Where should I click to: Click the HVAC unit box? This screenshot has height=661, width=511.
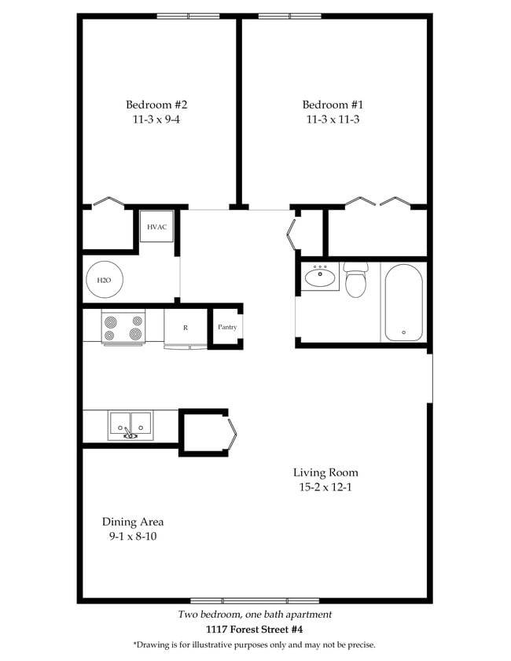[x=157, y=227]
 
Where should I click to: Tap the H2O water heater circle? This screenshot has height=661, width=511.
[x=104, y=280]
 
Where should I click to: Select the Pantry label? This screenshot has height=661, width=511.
[x=227, y=327]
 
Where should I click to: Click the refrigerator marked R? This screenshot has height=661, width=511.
[x=186, y=327]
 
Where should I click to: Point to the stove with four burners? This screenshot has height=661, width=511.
[x=123, y=327]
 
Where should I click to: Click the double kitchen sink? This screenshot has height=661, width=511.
[x=131, y=425]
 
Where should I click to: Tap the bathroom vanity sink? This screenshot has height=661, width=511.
[x=320, y=277]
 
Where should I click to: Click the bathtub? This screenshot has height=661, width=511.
[x=403, y=303]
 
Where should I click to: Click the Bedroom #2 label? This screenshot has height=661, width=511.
[x=156, y=105]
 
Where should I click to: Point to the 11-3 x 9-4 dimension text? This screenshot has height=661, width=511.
[x=156, y=119]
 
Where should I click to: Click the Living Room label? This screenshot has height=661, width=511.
[x=325, y=472]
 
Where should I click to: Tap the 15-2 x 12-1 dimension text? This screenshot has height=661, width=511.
[x=325, y=487]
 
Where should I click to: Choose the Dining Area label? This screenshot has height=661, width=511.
[x=133, y=522]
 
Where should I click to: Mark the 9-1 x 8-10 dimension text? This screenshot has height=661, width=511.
[x=133, y=537]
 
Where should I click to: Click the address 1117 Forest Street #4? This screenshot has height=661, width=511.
[x=254, y=630]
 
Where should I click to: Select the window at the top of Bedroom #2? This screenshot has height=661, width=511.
[x=188, y=16]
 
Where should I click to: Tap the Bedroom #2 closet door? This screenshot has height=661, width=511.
[x=108, y=202]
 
